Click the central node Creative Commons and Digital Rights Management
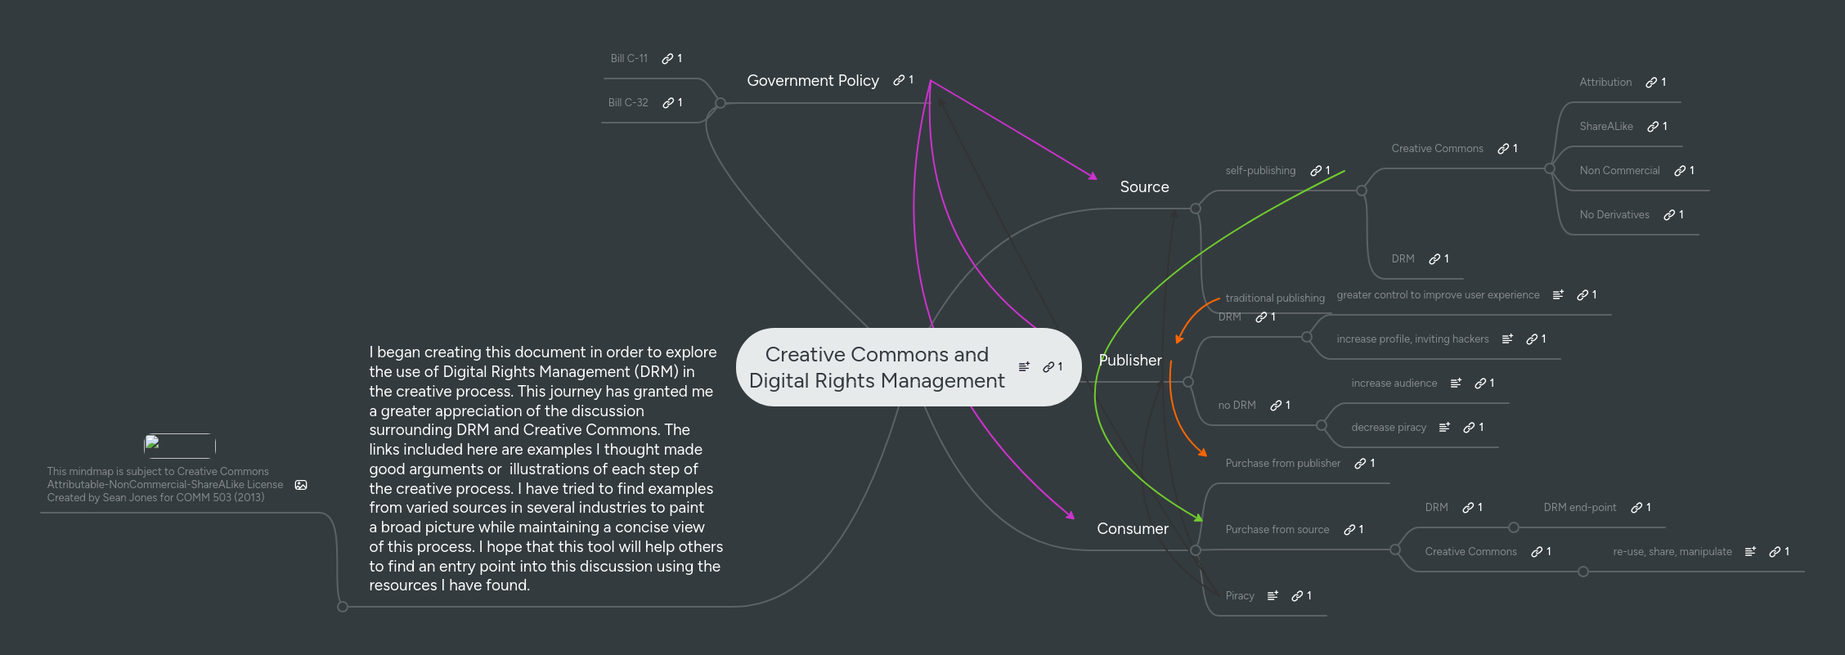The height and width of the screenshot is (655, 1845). click(x=877, y=367)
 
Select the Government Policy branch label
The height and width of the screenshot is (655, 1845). click(x=812, y=80)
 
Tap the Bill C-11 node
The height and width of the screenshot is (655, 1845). click(x=629, y=59)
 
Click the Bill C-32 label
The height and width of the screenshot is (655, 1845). click(x=627, y=103)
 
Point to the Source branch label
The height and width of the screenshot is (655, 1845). click(x=1144, y=187)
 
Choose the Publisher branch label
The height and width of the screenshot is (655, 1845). click(x=1129, y=361)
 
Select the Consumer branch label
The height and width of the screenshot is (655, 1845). click(x=1132, y=529)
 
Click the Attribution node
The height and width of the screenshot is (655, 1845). click(x=1605, y=83)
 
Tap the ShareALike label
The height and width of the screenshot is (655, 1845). click(x=1605, y=127)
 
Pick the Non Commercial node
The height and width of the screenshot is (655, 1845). click(x=1619, y=171)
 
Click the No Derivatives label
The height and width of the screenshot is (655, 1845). click(x=1614, y=215)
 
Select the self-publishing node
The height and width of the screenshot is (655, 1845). click(x=1259, y=171)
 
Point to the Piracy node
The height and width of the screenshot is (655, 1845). click(x=1239, y=596)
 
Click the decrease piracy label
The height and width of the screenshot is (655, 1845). click(x=1388, y=428)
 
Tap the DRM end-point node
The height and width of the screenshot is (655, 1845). click(x=1579, y=508)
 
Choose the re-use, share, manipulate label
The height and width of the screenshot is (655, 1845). click(x=1672, y=552)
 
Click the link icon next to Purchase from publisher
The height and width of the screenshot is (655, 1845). click(x=1360, y=464)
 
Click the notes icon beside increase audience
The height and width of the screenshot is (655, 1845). click(x=1456, y=384)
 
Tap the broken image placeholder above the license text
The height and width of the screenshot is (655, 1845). click(x=179, y=446)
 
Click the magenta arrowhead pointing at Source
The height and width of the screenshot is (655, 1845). click(x=1093, y=175)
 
